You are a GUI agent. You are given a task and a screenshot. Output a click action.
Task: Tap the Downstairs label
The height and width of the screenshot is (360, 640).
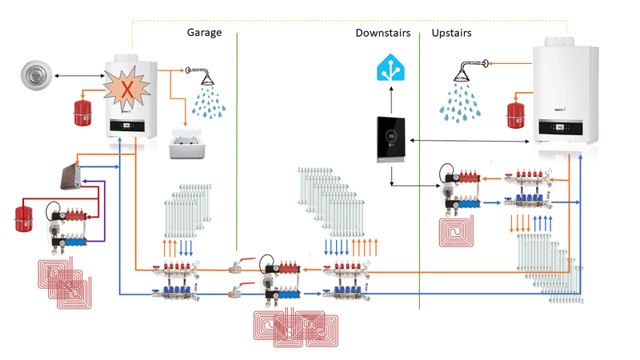[383, 33]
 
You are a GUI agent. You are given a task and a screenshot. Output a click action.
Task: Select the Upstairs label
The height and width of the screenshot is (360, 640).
[451, 33]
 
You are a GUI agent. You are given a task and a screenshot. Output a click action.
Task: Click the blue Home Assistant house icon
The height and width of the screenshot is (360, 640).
[391, 69]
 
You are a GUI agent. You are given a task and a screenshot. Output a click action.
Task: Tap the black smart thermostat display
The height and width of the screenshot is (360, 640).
[391, 140]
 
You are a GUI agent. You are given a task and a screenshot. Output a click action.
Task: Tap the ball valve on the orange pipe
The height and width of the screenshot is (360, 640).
[238, 266]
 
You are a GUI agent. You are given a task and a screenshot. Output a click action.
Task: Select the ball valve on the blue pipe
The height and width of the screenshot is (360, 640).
[238, 291]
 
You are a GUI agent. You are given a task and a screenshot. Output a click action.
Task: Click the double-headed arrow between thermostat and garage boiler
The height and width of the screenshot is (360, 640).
[80, 76]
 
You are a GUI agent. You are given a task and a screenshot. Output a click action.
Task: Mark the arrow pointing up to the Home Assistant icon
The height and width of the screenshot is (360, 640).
[391, 99]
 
